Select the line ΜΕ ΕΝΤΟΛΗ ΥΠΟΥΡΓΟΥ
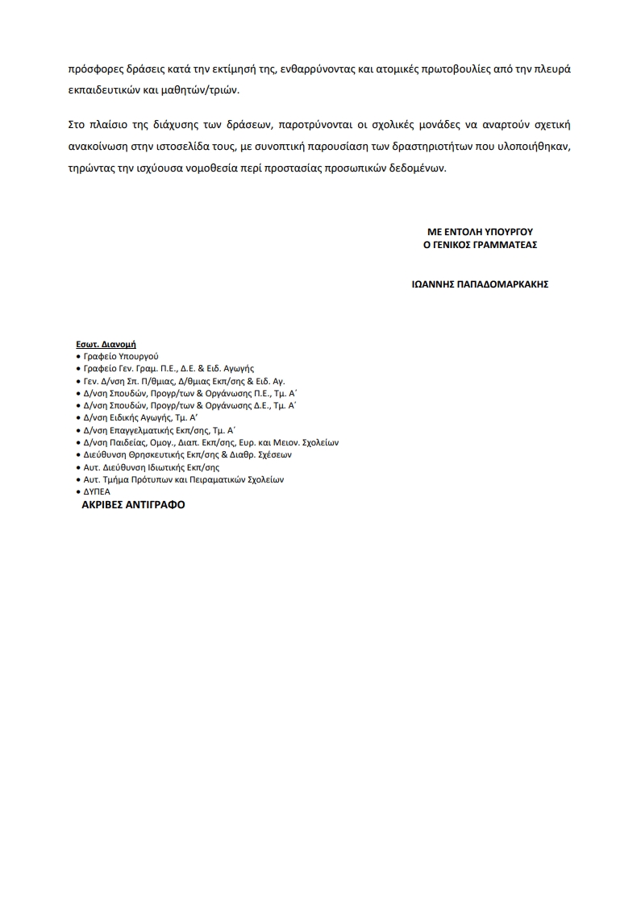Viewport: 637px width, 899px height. click(480, 231)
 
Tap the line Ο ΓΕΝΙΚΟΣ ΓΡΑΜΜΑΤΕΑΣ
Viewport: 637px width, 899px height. click(480, 244)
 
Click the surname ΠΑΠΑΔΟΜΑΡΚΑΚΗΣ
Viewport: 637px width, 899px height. click(503, 284)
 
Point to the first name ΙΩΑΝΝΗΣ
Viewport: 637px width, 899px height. click(432, 284)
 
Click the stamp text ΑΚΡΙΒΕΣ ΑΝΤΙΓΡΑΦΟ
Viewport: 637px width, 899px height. click(133, 505)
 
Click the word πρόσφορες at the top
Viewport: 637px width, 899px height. click(94, 69)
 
